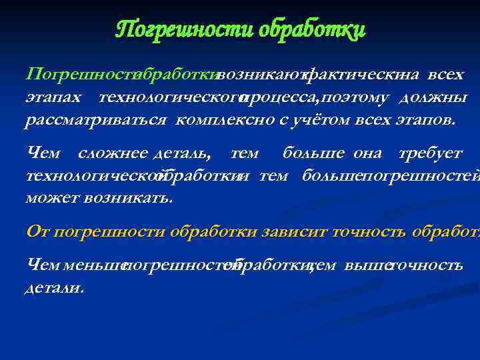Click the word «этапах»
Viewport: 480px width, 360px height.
[53, 97]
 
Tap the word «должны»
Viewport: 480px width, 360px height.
[433, 97]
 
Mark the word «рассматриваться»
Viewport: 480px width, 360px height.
[97, 121]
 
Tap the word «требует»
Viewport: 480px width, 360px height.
[429, 153]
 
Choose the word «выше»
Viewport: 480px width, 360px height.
[365, 265]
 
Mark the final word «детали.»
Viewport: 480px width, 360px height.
[55, 289]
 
